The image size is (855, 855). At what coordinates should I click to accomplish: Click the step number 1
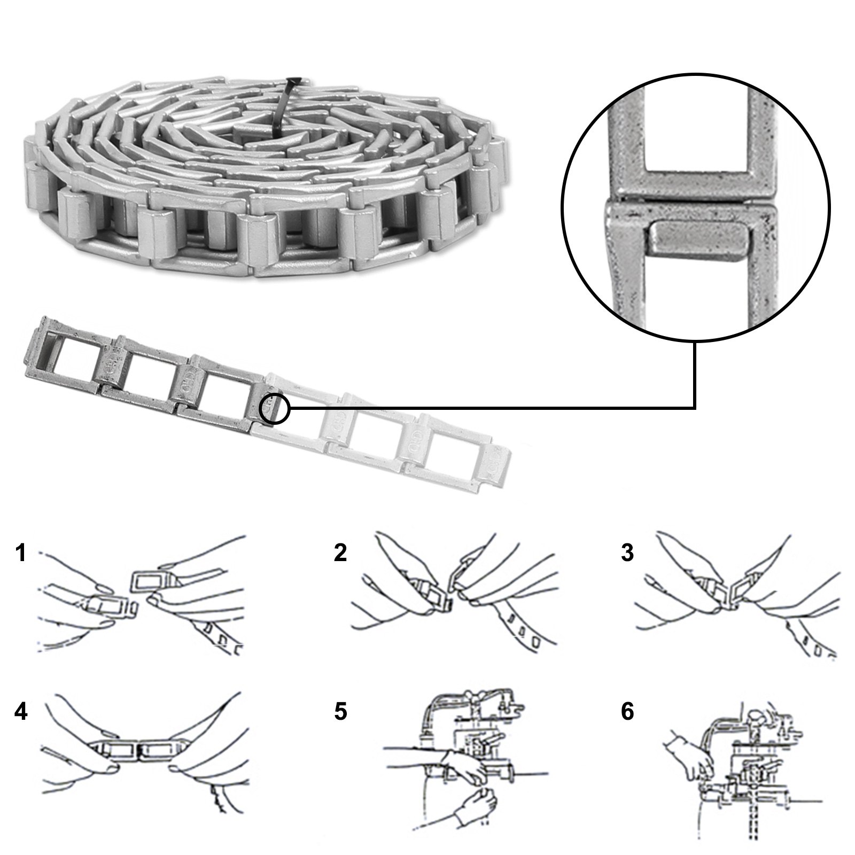(x=20, y=553)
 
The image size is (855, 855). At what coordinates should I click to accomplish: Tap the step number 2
(x=340, y=553)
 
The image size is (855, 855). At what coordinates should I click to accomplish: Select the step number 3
(x=627, y=553)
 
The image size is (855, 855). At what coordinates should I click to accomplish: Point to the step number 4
(x=20, y=712)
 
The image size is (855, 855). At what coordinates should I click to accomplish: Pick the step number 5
(x=340, y=712)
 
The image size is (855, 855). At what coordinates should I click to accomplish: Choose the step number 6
(x=627, y=712)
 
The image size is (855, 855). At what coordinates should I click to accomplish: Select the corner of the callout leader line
(x=694, y=409)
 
